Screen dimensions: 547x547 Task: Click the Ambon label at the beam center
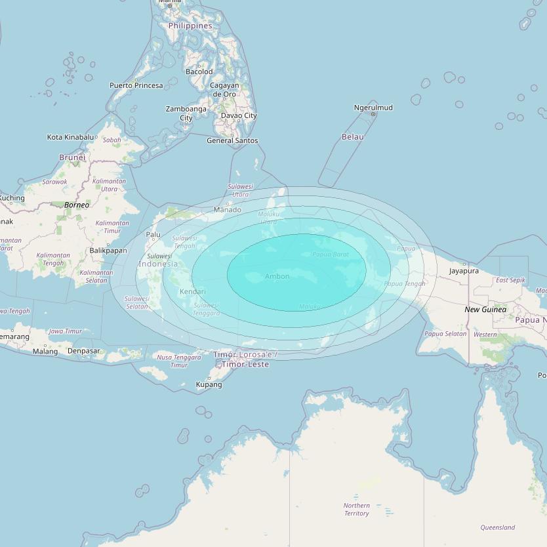click(x=277, y=276)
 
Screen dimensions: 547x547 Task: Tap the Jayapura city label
click(x=464, y=271)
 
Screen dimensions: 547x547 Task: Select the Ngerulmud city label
click(x=373, y=108)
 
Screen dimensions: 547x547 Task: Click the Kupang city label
click(x=209, y=384)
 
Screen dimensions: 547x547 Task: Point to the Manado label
click(x=227, y=210)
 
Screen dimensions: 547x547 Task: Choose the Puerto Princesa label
click(x=136, y=85)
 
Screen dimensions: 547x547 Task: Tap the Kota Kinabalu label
click(x=70, y=137)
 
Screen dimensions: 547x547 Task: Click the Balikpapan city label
click(x=108, y=251)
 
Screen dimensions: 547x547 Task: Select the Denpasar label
click(x=84, y=351)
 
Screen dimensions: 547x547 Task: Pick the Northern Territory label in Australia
click(x=356, y=510)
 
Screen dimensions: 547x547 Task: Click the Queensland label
click(x=497, y=527)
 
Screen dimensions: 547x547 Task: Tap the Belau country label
click(x=352, y=136)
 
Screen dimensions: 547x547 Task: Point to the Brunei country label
click(x=72, y=157)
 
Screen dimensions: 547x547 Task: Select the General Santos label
click(x=232, y=140)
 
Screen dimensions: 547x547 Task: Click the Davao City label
click(x=239, y=115)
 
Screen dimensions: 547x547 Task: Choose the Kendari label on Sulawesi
click(x=192, y=291)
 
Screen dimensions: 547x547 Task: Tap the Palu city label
click(x=153, y=234)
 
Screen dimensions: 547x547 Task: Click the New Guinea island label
click(x=485, y=309)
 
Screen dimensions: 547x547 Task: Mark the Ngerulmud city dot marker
click(x=373, y=114)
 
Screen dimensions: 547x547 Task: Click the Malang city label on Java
click(x=45, y=352)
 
